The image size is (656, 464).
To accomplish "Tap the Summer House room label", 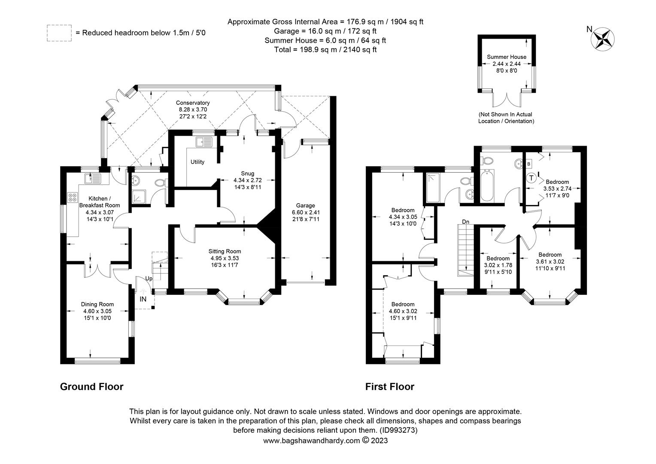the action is (x=506, y=57).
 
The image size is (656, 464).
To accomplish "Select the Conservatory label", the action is (x=193, y=103).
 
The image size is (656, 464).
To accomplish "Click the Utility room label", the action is (x=197, y=162).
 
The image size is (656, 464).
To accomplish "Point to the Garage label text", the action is (x=305, y=205).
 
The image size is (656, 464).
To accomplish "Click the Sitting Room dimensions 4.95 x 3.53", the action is (x=225, y=258).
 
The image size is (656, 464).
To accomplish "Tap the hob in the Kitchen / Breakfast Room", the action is (x=72, y=198).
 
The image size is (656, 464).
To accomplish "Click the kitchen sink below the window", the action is (x=93, y=178).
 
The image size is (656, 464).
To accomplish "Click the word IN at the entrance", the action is (x=143, y=299).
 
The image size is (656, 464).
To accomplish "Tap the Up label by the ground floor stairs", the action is (x=149, y=279).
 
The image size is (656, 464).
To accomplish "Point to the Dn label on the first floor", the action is (x=465, y=222).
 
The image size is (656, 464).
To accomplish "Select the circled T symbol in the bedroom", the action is (x=531, y=177).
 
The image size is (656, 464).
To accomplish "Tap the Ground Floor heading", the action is (x=91, y=387).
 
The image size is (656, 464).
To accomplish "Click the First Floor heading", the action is (x=389, y=387).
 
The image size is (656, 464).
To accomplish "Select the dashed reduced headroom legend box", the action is (x=59, y=33).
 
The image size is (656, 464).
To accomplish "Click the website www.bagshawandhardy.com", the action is (x=311, y=440).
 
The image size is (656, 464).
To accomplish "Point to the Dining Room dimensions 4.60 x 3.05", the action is (x=97, y=311).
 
